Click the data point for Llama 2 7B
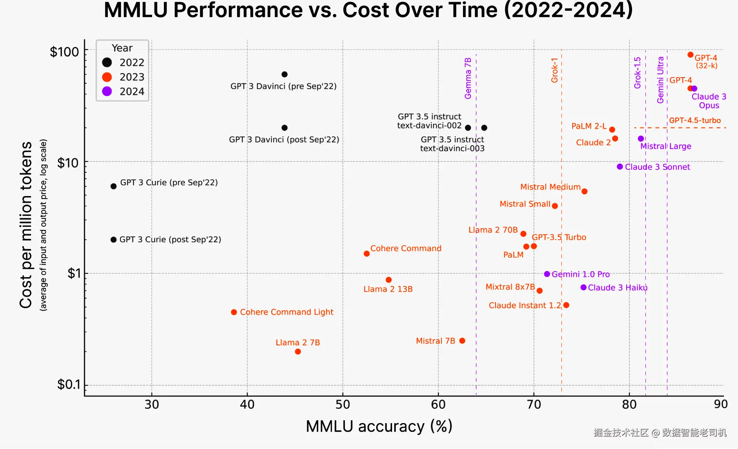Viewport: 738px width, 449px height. tap(298, 352)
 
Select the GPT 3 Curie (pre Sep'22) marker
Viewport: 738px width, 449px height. tap(114, 186)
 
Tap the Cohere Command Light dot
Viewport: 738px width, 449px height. tap(234, 312)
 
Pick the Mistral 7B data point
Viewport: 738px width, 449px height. tap(462, 341)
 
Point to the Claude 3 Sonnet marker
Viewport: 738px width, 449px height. tap(620, 167)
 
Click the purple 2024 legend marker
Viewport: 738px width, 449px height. tap(107, 92)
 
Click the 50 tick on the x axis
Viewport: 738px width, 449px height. tap(343, 405)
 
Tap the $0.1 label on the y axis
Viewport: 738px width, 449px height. tap(68, 385)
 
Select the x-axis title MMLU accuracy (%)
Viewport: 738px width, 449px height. tap(379, 426)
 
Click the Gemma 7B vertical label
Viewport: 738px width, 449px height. tap(468, 78)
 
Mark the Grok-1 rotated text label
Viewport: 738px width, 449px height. tap(555, 70)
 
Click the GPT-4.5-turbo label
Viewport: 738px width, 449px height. tap(695, 120)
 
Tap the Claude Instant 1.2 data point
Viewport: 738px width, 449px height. tap(566, 305)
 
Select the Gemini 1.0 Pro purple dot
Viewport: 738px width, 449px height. tap(547, 274)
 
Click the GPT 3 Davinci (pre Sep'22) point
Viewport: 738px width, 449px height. tap(285, 75)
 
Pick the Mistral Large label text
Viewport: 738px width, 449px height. tap(666, 146)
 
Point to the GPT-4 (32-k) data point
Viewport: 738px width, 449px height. tap(690, 55)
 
